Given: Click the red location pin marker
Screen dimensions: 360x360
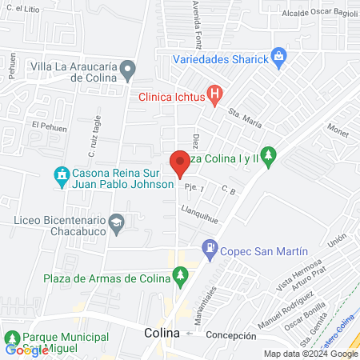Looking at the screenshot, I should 179,163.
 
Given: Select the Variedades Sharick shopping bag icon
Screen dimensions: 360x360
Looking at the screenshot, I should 278,58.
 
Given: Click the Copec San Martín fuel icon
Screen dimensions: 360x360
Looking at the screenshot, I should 210,250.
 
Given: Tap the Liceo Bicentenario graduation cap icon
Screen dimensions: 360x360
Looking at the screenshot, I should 118,225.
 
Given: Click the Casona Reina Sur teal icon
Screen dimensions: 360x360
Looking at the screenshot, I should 61,174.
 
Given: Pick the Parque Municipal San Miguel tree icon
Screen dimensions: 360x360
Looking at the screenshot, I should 12,337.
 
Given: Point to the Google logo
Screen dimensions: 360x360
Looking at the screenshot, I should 26,350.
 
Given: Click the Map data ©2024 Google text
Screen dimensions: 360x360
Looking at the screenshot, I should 312,354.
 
